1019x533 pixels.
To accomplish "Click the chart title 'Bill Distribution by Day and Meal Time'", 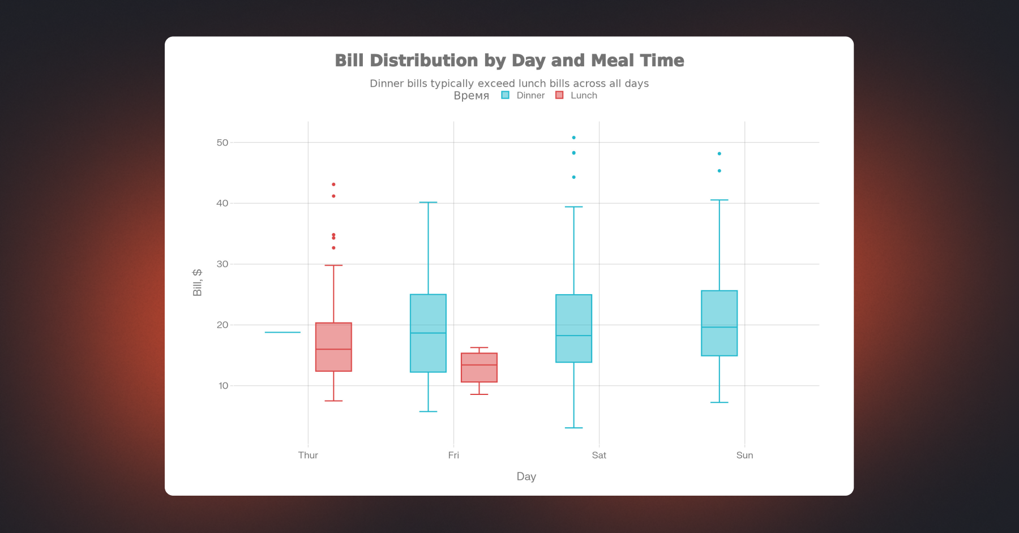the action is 509,61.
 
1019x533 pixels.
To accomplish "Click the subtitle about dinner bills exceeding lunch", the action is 509,84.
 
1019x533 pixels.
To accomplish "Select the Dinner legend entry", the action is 523,96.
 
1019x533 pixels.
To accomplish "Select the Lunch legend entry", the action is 576,96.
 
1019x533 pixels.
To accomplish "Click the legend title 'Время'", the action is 471,96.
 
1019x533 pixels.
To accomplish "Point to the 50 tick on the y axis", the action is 222,143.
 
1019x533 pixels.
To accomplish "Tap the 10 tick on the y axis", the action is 223,386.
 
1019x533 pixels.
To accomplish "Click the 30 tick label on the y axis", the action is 222,264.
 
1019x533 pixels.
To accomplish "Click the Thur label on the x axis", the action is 308,455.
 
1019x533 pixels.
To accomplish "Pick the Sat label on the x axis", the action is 599,455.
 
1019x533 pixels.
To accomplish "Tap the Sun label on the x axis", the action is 744,455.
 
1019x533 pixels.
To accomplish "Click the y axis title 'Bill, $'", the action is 197,282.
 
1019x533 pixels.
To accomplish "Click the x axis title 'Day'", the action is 526,476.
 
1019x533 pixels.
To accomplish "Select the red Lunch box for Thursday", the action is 333,347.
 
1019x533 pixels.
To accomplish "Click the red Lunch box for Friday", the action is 479,368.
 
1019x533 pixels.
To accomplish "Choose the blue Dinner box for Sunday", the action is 719,323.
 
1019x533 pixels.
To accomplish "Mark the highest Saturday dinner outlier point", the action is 573,137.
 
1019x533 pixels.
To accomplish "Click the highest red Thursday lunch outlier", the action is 333,184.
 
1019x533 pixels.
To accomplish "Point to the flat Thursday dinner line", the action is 282,332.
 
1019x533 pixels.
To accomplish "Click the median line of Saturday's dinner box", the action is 573,336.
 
